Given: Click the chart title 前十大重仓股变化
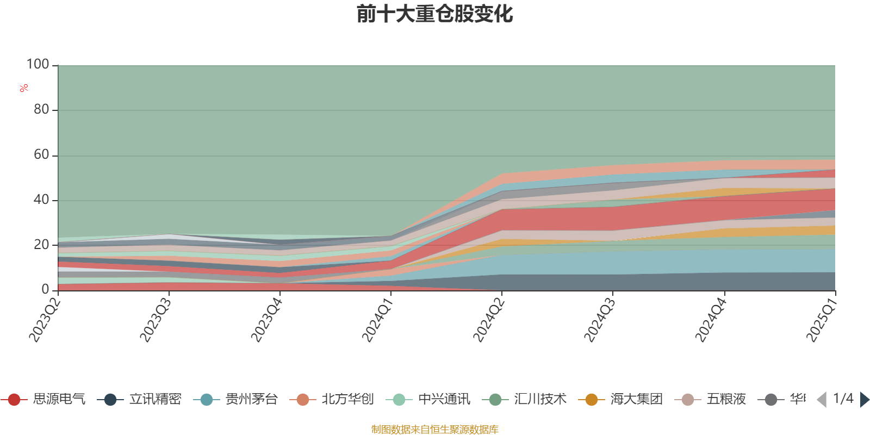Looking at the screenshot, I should tap(435, 14).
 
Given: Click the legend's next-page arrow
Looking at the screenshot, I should tap(864, 400).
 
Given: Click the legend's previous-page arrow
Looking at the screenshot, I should tap(822, 400).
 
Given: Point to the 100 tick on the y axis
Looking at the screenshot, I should tap(38, 65).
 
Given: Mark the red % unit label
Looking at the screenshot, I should tap(24, 88).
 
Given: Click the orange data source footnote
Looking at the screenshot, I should tap(435, 430).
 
